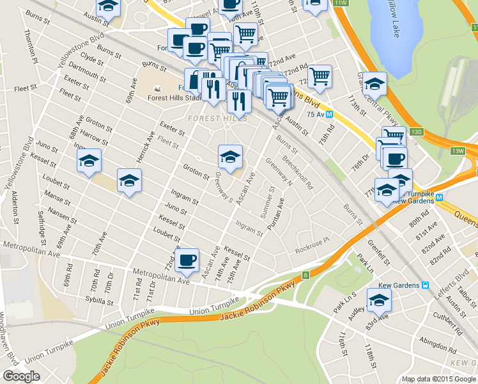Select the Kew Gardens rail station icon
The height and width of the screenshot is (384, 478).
coord(425,285)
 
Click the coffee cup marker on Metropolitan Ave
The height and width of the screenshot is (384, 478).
coord(188,260)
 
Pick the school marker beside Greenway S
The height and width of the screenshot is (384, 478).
coord(230,156)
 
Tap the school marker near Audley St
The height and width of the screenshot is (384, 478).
coord(378,299)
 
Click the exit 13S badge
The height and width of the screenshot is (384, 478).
coord(417,131)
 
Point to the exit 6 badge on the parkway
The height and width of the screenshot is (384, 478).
coord(306,275)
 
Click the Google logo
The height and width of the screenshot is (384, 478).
coord(20,376)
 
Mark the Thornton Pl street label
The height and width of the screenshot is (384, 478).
coord(31,45)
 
